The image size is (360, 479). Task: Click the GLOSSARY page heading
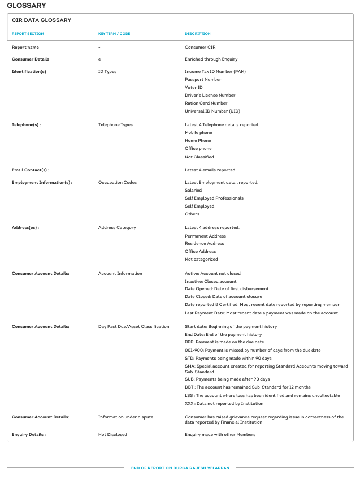click(27, 6)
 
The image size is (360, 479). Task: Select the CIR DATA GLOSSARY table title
click(41, 20)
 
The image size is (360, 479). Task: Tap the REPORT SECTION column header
click(28, 34)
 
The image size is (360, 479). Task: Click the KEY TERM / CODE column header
click(114, 34)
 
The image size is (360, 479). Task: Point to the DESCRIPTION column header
click(198, 34)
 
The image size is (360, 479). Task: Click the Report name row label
click(25, 47)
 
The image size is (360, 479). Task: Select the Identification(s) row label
click(29, 71)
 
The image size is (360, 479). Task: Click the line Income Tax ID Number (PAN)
click(215, 71)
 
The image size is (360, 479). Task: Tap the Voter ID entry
click(194, 87)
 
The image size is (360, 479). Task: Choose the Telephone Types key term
click(115, 124)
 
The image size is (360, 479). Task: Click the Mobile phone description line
click(198, 132)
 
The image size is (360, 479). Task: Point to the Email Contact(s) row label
click(31, 170)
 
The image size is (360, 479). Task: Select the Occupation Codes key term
click(118, 182)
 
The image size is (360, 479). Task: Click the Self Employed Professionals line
click(214, 198)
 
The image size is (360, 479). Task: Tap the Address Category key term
click(117, 227)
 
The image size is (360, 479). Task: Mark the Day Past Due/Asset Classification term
click(133, 326)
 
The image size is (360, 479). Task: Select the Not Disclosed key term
click(112, 434)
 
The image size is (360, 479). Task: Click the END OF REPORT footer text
click(180, 468)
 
